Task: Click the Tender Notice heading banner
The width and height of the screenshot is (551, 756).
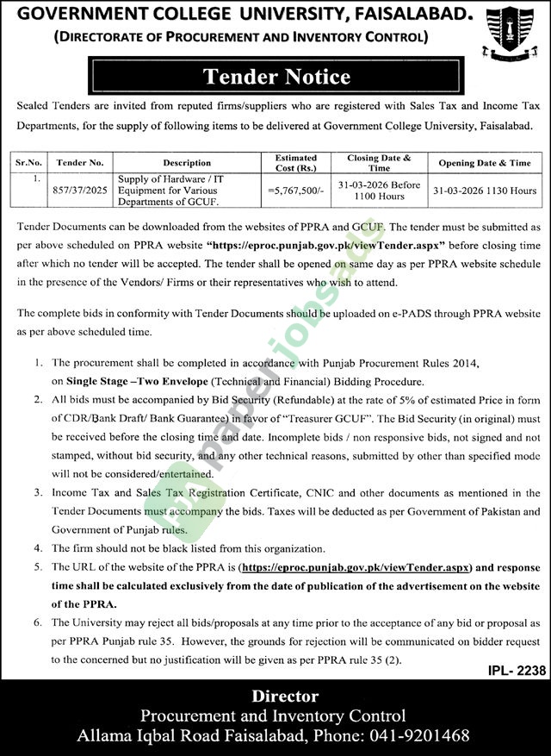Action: pyautogui.click(x=276, y=77)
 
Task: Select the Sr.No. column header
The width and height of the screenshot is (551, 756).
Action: pyautogui.click(x=28, y=162)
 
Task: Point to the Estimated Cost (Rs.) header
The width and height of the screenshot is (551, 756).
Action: pyautogui.click(x=295, y=162)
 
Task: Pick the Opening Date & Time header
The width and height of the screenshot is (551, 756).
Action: pyautogui.click(x=484, y=162)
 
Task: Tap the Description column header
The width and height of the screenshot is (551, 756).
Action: pyautogui.click(x=186, y=162)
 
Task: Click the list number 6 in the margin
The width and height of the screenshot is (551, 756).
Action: pyautogui.click(x=39, y=622)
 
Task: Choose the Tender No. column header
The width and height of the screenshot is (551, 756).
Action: pyautogui.click(x=79, y=162)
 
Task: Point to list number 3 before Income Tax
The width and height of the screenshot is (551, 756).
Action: pyautogui.click(x=39, y=493)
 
